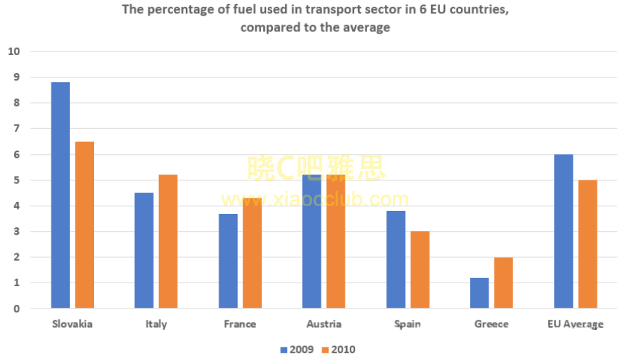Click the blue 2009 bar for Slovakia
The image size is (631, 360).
60,195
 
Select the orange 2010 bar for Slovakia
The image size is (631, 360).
84,224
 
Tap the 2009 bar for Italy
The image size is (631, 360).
144,250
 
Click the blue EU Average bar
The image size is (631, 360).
564,231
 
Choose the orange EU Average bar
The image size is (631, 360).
588,244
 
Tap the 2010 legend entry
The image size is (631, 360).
337,349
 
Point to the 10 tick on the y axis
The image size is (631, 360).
13,51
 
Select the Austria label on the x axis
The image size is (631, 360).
324,324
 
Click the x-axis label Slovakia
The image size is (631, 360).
72,324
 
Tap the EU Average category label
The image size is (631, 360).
575,324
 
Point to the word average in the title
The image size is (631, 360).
366,28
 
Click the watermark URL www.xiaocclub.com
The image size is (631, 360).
315,199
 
